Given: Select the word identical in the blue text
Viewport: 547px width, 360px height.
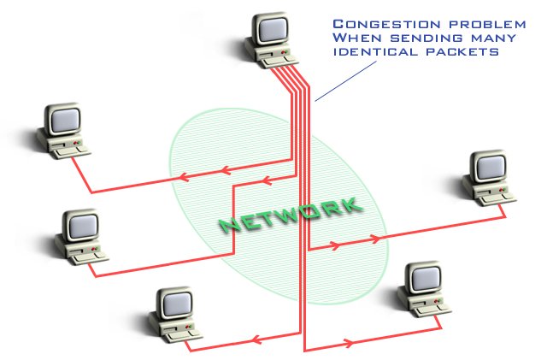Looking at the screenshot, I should point(372,53).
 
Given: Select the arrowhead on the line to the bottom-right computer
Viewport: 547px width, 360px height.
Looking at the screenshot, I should point(349,344).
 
